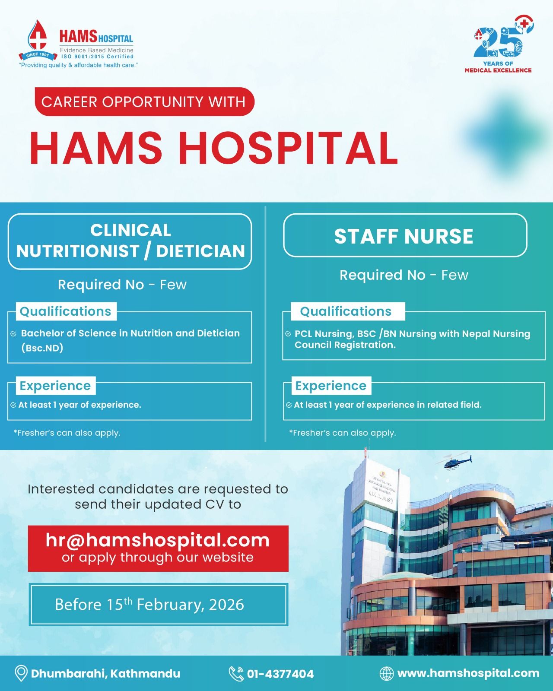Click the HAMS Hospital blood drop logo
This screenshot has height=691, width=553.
click(x=38, y=40)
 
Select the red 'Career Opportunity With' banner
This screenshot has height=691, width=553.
click(x=144, y=102)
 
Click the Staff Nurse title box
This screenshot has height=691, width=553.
click(x=405, y=236)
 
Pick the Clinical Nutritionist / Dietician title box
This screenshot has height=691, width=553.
click(x=130, y=241)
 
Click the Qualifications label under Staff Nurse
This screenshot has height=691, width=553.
click(x=346, y=311)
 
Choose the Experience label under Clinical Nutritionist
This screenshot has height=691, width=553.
click(x=55, y=386)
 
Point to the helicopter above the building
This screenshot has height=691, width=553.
click(x=455, y=462)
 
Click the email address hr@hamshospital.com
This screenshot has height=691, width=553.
click(x=158, y=540)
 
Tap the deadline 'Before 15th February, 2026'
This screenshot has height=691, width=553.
click(x=149, y=605)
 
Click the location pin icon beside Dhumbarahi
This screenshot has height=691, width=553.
click(x=21, y=673)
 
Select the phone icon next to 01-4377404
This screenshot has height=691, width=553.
click(x=236, y=673)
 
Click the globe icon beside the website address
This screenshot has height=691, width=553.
click(x=386, y=673)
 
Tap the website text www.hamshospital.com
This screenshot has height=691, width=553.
click(x=468, y=673)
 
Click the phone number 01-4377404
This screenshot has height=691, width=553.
click(x=280, y=674)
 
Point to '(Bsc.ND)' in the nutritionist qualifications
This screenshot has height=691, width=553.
click(x=42, y=348)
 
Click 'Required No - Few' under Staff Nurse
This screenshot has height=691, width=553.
click(x=404, y=275)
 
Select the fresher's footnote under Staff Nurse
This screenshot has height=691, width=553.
click(x=343, y=433)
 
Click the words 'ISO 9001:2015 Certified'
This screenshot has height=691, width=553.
click(x=97, y=57)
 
